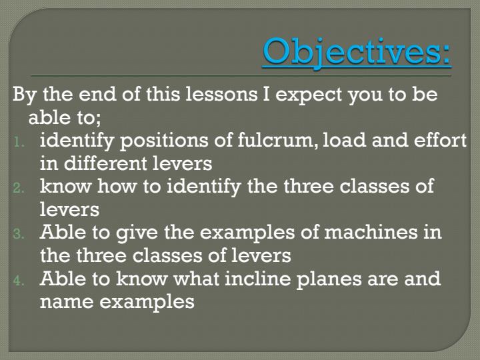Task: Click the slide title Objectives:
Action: pos(357,52)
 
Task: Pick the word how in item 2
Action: pos(114,186)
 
